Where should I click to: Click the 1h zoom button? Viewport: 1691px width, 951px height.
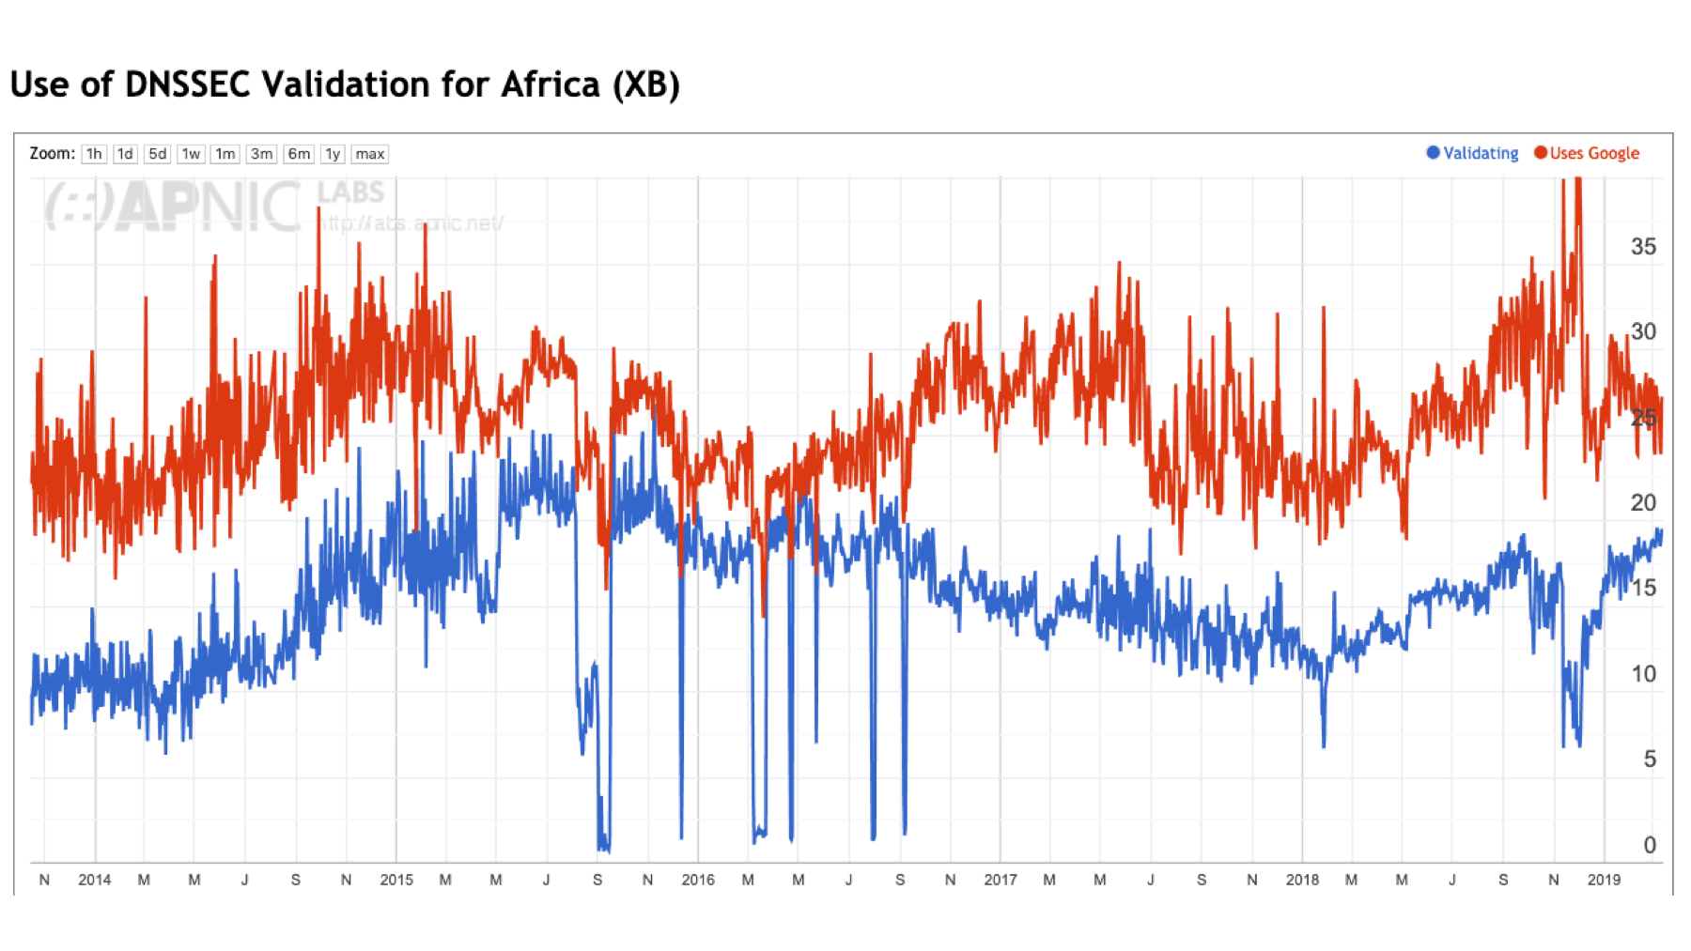point(93,154)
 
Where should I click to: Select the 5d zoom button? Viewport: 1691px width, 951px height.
point(157,154)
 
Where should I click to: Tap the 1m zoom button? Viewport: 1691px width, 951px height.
point(225,154)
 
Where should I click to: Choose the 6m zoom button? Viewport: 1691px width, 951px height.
point(299,154)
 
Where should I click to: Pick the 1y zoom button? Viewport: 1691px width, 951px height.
point(333,154)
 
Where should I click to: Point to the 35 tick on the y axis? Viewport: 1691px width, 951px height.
point(1643,247)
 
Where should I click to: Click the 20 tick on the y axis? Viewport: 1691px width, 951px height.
point(1643,502)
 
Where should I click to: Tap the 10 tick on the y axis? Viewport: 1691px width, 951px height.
point(1643,673)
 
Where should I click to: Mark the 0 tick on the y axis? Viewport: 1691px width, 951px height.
point(1650,845)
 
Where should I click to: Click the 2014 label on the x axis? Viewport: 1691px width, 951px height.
point(94,880)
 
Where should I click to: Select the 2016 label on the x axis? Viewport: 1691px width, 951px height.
point(698,880)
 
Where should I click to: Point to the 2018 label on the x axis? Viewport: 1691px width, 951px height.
point(1302,880)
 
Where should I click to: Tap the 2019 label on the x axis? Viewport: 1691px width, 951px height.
point(1604,880)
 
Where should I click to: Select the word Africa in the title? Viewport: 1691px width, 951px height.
point(551,84)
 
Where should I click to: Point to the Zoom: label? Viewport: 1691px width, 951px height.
point(52,153)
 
